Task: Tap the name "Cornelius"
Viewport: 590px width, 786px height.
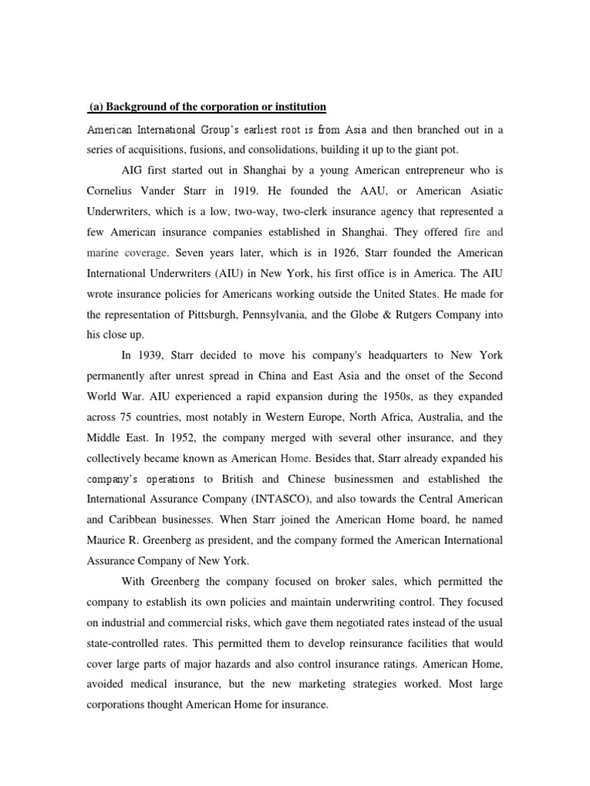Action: point(110,190)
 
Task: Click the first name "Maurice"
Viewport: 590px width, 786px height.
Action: point(105,541)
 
